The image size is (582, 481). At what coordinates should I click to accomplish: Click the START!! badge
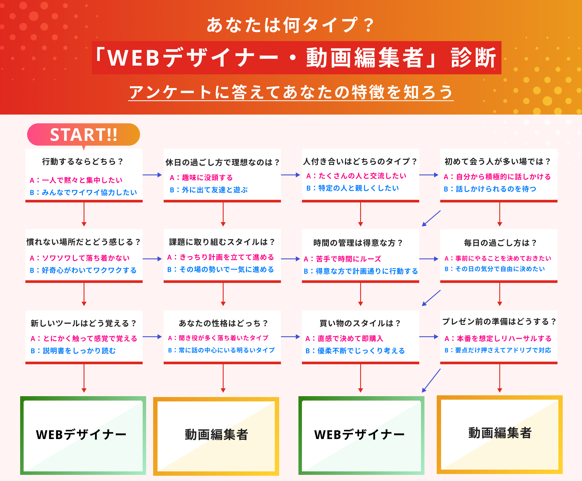(83, 135)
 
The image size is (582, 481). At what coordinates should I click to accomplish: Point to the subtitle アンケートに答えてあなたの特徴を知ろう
(291, 92)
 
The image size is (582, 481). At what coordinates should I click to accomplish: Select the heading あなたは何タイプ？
(290, 25)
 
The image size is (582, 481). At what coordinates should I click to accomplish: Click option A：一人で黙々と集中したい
(76, 180)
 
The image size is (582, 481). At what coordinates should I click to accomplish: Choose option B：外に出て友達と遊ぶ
(209, 190)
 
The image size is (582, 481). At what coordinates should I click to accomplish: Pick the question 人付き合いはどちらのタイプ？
(360, 161)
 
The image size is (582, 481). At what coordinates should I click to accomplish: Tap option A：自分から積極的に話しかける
(497, 177)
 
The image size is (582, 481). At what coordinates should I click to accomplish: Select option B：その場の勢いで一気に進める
(221, 269)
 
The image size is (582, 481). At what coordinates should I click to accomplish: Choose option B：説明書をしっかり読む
(73, 351)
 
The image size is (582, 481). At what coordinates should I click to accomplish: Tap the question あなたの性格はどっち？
(223, 323)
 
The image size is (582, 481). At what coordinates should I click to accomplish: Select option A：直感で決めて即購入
(344, 338)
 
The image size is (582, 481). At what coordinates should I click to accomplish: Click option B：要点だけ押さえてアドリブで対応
(498, 350)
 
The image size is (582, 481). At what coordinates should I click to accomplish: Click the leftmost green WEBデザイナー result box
(83, 436)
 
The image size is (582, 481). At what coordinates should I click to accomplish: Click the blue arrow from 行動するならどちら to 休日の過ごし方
(152, 175)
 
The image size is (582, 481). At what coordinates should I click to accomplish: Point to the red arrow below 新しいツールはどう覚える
(84, 378)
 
